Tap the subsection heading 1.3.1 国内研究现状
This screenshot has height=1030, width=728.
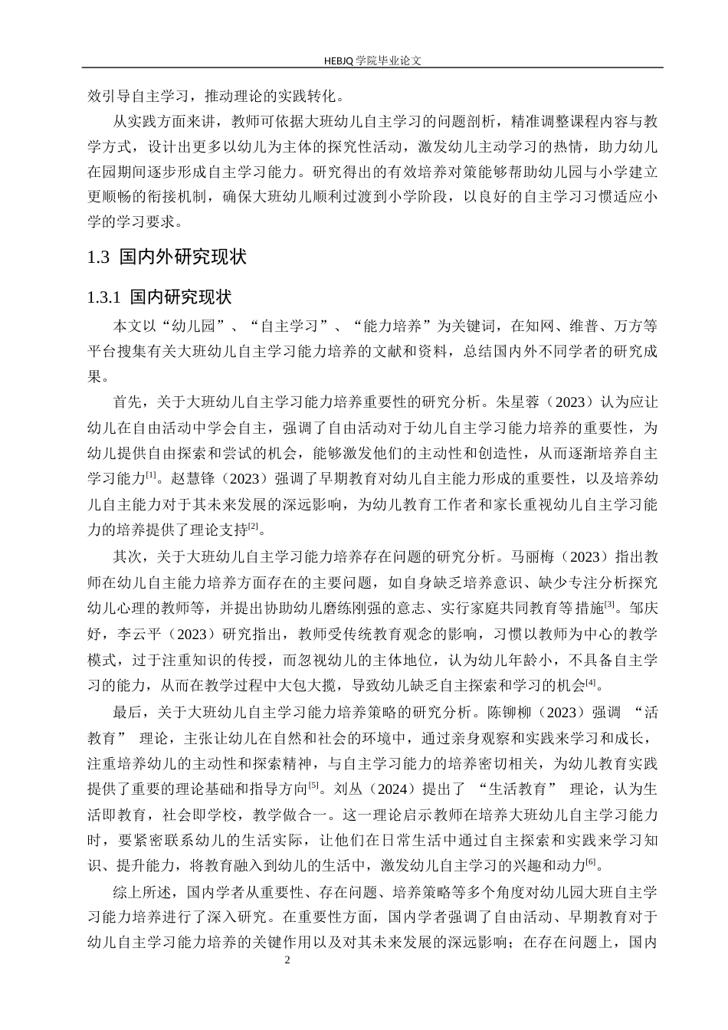pos(159,297)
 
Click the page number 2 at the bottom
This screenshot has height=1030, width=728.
pos(287,960)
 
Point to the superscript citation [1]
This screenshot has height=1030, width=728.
pos(152,475)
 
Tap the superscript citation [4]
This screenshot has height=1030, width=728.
pos(590,681)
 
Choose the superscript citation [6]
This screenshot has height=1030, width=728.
pos(590,862)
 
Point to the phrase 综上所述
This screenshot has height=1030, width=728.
pos(139,893)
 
